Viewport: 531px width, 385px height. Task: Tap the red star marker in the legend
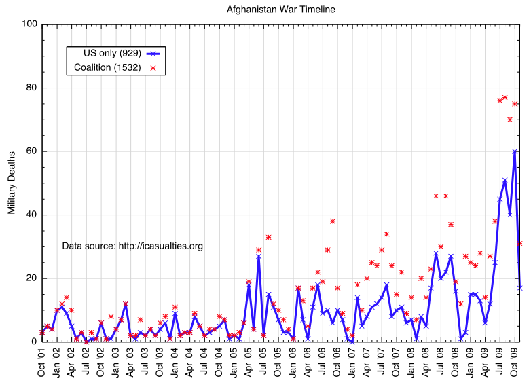153,68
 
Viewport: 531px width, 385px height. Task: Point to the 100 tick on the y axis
29,24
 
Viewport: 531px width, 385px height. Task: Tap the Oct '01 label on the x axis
42,361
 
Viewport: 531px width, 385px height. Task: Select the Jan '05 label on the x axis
234,361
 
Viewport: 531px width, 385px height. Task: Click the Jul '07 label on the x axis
382,361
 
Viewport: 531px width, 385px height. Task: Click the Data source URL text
132,246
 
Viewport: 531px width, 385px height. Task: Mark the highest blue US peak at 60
515,151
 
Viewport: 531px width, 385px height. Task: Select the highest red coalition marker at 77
505,97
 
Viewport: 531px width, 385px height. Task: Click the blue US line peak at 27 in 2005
259,256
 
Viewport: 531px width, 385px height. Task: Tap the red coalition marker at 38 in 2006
333,221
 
